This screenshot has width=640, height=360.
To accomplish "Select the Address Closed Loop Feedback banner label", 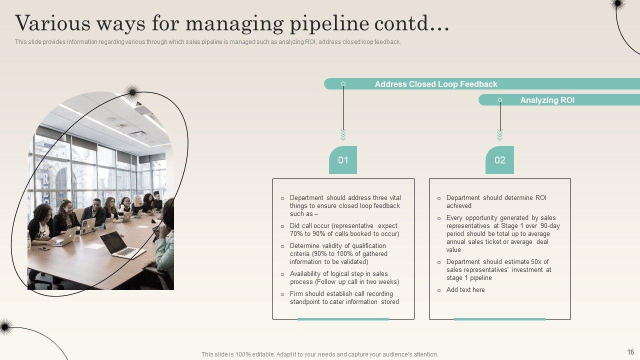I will coord(436,84).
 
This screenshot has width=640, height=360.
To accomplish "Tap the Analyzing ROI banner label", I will coord(547,100).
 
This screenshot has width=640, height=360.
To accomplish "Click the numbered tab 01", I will coord(343,160).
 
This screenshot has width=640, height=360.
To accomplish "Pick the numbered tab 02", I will coord(499,160).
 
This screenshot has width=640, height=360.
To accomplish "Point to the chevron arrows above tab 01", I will coord(343,134).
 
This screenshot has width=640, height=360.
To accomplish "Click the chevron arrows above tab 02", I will coord(499,134).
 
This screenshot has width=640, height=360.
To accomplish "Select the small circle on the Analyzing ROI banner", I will coord(499,100).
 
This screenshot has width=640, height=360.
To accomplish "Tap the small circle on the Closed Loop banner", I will coord(343,84).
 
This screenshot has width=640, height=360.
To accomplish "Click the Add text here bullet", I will coord(465,290).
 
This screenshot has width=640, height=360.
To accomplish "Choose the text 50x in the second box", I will coord(539,262).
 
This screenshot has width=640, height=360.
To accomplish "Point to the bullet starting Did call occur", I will coord(344,230).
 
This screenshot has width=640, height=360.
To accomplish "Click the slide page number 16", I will coord(630,352).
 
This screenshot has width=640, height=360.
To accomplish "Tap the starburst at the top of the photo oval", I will coord(132,91).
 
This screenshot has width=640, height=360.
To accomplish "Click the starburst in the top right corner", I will coord(618,4).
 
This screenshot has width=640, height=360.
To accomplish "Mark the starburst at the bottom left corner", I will coord(5,327).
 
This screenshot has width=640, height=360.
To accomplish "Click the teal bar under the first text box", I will coord(343,319).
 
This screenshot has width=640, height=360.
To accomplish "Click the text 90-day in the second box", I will coord(549,226).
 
